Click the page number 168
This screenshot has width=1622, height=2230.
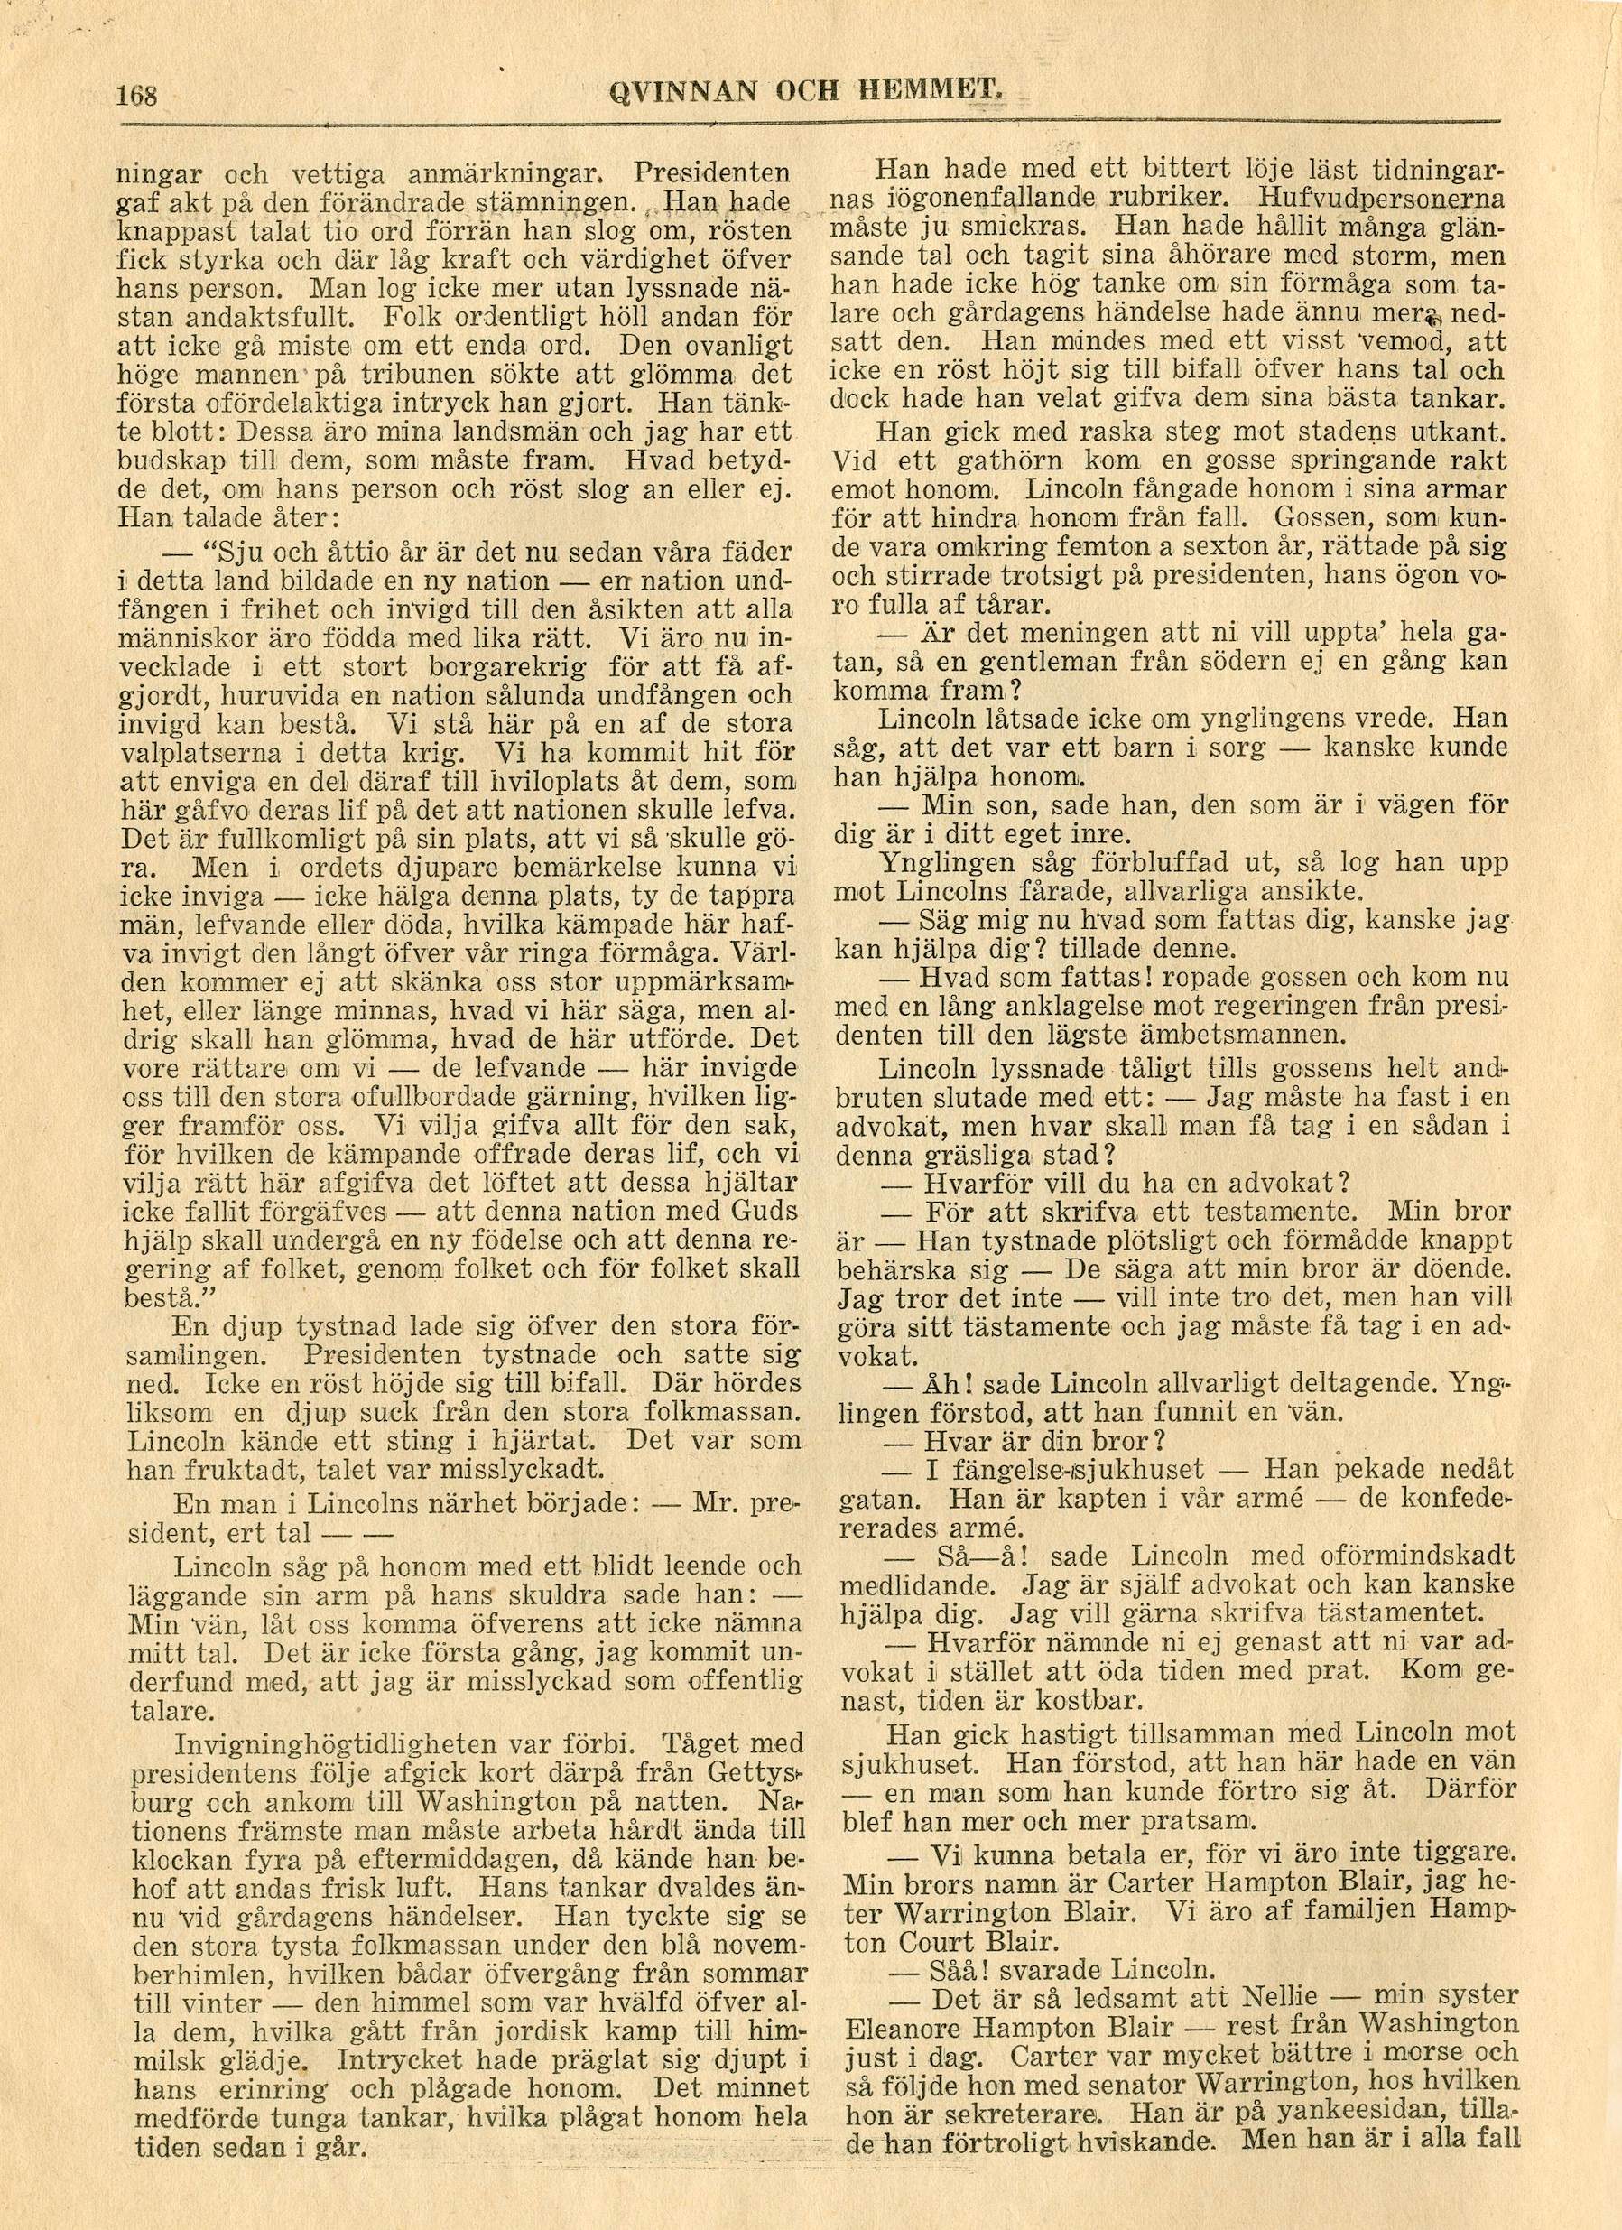[x=137, y=97]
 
